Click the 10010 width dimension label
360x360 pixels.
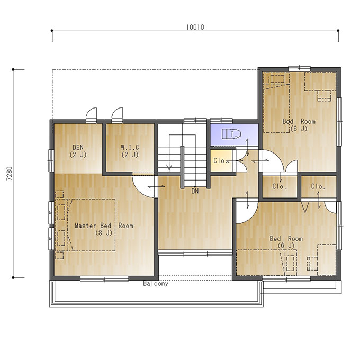195,27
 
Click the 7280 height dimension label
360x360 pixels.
10,173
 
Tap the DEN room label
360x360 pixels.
78,151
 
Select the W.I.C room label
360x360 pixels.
130,151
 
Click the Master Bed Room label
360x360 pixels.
104,229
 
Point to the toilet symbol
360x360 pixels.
231,134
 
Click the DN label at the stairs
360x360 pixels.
195,191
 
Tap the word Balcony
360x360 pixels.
156,284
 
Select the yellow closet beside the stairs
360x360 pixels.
221,160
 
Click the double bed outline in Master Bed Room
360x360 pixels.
91,225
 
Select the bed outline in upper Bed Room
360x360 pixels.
276,102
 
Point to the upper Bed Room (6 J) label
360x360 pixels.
299,124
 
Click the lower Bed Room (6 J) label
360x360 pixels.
286,242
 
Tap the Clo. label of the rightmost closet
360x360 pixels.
318,186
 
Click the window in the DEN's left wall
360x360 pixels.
51,160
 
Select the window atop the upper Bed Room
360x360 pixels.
300,69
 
